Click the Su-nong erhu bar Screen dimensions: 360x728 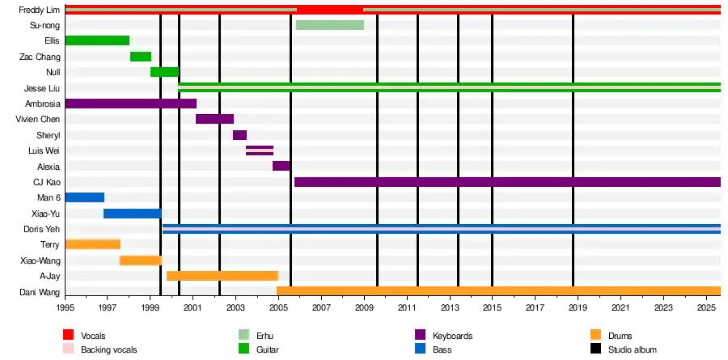pyautogui.click(x=329, y=25)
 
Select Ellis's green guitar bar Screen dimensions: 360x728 pyautogui.click(x=97, y=40)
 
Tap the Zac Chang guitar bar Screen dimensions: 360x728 pyautogui.click(x=141, y=57)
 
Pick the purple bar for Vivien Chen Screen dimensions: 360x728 pyautogui.click(x=214, y=119)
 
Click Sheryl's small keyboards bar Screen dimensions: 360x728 pyautogui.click(x=239, y=135)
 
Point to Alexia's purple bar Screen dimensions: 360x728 pyautogui.click(x=281, y=166)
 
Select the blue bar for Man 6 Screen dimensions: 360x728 pyautogui.click(x=85, y=197)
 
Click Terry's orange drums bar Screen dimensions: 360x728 pyautogui.click(x=93, y=244)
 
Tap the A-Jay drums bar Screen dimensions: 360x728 pyautogui.click(x=222, y=276)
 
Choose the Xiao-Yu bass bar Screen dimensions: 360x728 pyautogui.click(x=133, y=214)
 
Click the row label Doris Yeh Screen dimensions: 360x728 pyautogui.click(x=42, y=229)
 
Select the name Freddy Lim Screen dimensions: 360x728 pyautogui.click(x=39, y=10)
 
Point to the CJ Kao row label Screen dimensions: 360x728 pyautogui.click(x=44, y=182)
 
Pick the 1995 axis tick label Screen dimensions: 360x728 pyautogui.click(x=66, y=308)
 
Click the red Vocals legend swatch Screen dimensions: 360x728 pyautogui.click(x=68, y=336)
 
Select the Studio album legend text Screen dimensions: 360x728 pyautogui.click(x=634, y=349)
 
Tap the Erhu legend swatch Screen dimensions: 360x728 pyautogui.click(x=243, y=336)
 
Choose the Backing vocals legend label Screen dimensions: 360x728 pyautogui.click(x=110, y=349)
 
